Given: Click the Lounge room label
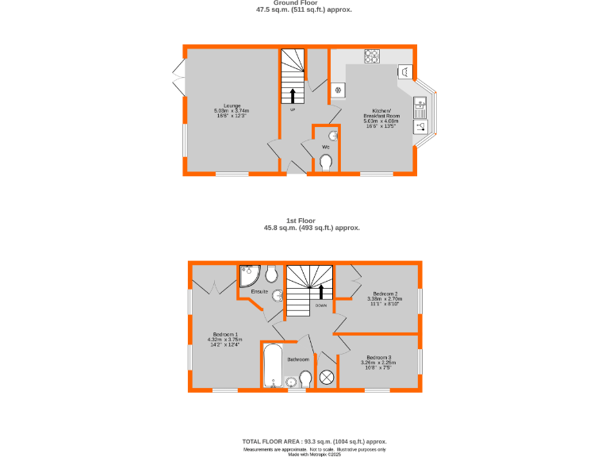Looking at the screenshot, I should click(x=232, y=106).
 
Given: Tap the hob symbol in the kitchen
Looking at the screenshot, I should click(x=372, y=56).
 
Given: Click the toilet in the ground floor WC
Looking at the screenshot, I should click(x=326, y=163).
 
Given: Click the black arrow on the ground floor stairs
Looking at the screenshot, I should click(x=293, y=96).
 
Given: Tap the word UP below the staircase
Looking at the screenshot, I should click(x=293, y=110).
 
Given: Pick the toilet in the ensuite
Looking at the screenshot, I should click(x=271, y=275).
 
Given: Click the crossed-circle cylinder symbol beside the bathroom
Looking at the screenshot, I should click(x=326, y=378).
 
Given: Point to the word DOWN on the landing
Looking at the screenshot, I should click(x=321, y=305).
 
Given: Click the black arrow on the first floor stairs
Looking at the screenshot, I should click(x=321, y=290).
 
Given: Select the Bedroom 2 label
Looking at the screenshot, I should click(x=386, y=293).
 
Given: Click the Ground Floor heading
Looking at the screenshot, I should click(x=304, y=3).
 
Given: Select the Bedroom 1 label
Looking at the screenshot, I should click(x=225, y=334).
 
